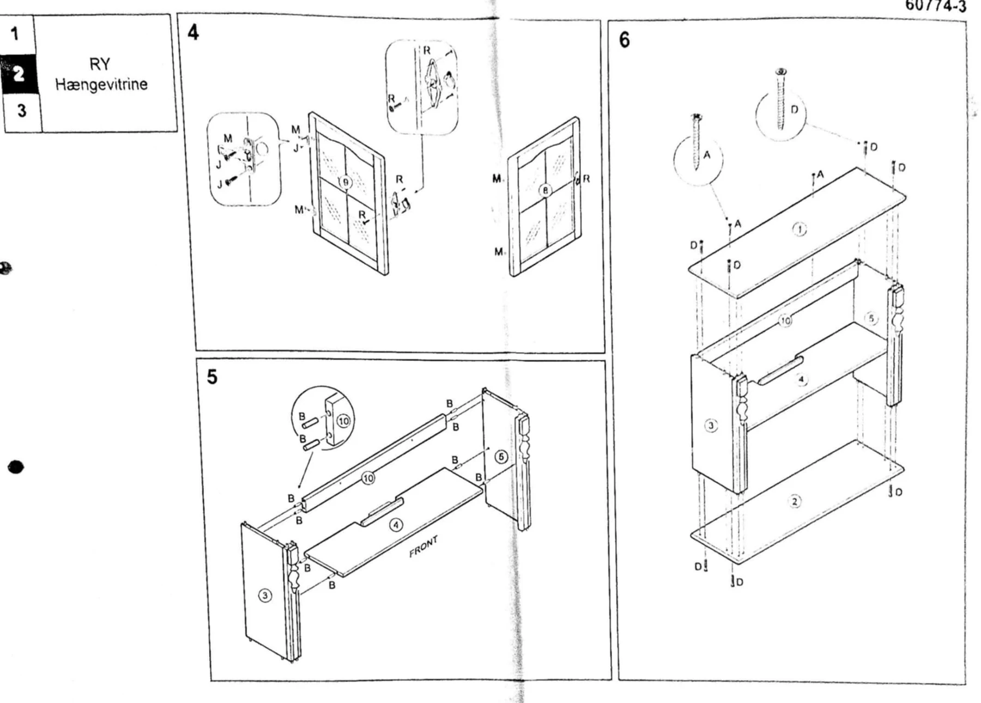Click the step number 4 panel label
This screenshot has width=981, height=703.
(x=193, y=32)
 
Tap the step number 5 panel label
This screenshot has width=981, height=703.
(x=212, y=377)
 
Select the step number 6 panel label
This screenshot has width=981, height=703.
(x=624, y=40)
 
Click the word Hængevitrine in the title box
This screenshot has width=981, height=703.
(x=101, y=84)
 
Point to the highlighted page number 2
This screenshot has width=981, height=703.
(x=19, y=74)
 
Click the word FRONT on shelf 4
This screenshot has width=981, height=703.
(x=423, y=547)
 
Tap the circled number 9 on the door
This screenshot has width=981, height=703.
(x=345, y=183)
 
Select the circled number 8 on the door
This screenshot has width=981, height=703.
(x=545, y=190)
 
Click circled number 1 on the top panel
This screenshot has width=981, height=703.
(x=799, y=229)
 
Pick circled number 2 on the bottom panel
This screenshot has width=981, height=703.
(x=795, y=501)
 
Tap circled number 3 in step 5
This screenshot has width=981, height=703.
(x=265, y=595)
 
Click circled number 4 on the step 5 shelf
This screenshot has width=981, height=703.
(x=396, y=525)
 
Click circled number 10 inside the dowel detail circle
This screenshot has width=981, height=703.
(x=343, y=421)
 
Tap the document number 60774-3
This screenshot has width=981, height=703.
(x=935, y=6)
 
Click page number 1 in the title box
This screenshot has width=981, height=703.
(x=15, y=34)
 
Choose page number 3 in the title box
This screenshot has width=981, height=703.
(x=21, y=111)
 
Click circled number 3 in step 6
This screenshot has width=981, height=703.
(x=711, y=425)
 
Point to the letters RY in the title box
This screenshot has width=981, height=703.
(x=100, y=64)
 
